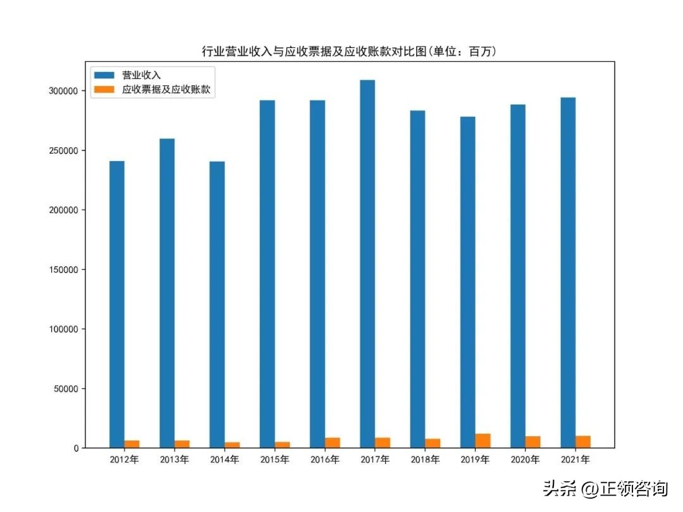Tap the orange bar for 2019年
click(483, 441)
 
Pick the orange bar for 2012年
click(132, 444)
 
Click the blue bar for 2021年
click(568, 272)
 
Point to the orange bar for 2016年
click(333, 442)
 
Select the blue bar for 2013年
click(167, 293)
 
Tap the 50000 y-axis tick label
click(66, 389)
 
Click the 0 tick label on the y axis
click(76, 448)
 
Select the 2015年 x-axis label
click(274, 460)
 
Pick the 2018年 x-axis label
click(425, 460)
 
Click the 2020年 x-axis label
click(526, 460)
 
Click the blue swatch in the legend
click(104, 75)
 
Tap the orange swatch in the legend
click(104, 90)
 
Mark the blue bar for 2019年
click(468, 282)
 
